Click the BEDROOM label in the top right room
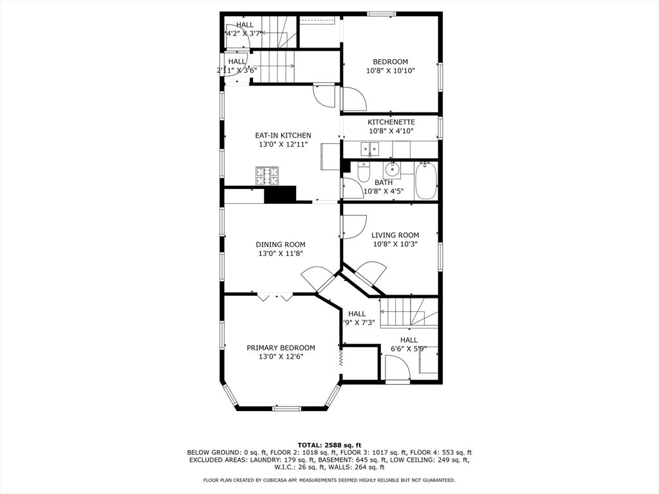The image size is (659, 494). [390, 62]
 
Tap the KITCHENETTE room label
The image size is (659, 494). [391, 122]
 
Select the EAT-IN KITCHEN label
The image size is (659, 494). [283, 136]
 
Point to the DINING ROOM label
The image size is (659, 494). [280, 244]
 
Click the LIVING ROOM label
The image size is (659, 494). [395, 235]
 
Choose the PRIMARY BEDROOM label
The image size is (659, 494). [281, 348]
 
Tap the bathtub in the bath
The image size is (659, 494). [426, 181]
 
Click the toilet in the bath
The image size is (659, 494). [363, 172]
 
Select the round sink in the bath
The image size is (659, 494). [391, 170]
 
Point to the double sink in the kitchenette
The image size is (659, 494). [369, 151]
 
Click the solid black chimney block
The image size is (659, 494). [280, 195]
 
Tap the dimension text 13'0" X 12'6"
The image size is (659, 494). [281, 357]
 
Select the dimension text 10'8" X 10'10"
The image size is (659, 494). [390, 71]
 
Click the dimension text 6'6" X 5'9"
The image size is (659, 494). [409, 349]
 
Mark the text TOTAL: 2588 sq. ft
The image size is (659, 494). [329, 445]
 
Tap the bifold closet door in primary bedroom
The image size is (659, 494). [275, 298]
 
